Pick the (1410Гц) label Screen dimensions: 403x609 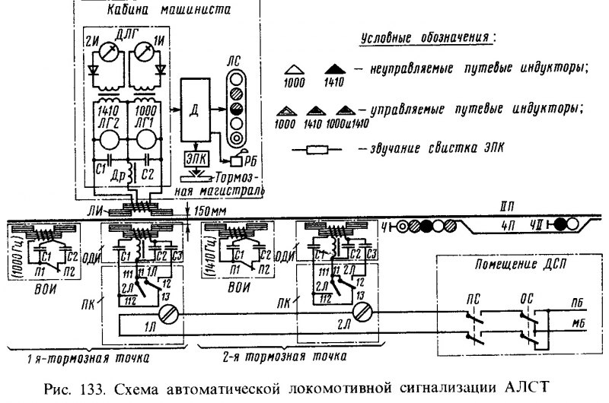tap(209, 245)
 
